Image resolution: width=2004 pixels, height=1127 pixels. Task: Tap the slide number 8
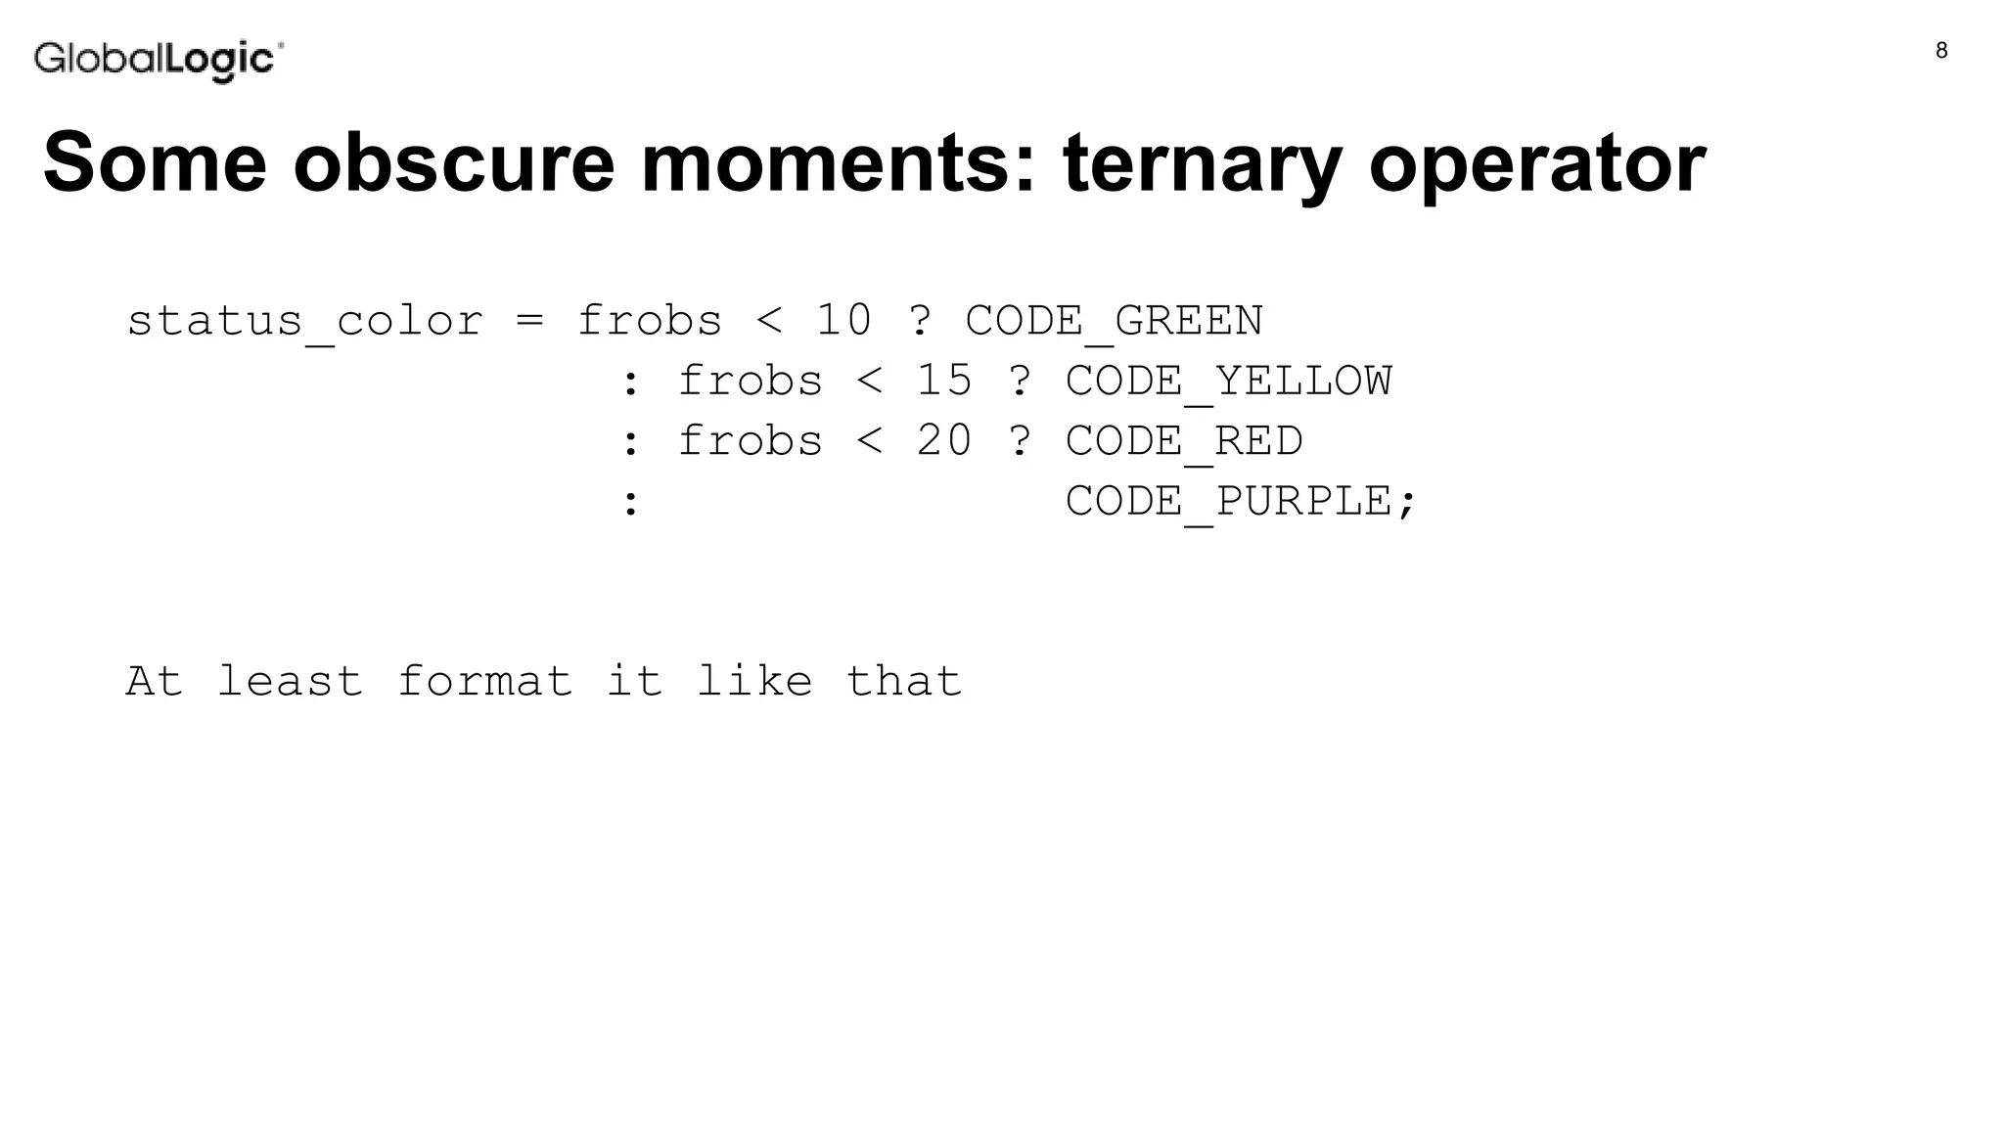(x=1941, y=51)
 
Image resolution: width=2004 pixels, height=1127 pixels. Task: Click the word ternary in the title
(x=1203, y=162)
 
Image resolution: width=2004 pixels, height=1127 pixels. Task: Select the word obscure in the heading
(x=454, y=162)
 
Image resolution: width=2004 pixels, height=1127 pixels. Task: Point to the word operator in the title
(x=1537, y=162)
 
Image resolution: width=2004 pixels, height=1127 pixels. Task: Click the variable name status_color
(x=305, y=322)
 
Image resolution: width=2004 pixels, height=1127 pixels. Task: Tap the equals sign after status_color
(x=529, y=322)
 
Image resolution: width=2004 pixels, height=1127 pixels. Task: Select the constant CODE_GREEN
(x=1114, y=322)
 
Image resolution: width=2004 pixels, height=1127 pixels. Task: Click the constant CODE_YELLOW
(x=1228, y=382)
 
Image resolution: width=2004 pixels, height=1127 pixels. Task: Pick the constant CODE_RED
(x=1184, y=441)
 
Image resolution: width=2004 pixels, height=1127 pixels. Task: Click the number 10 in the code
(x=843, y=322)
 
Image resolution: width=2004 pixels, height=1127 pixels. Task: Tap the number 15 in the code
(x=943, y=382)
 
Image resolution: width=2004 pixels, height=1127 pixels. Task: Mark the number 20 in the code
(x=943, y=441)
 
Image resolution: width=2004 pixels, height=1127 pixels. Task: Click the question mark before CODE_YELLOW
(x=1020, y=382)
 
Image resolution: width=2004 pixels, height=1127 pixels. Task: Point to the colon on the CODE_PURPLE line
(x=631, y=503)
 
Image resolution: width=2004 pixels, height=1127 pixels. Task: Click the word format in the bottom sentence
(x=484, y=681)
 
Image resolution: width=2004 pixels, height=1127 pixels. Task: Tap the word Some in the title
(x=155, y=162)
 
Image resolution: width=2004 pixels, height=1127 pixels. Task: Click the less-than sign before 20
(x=869, y=441)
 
